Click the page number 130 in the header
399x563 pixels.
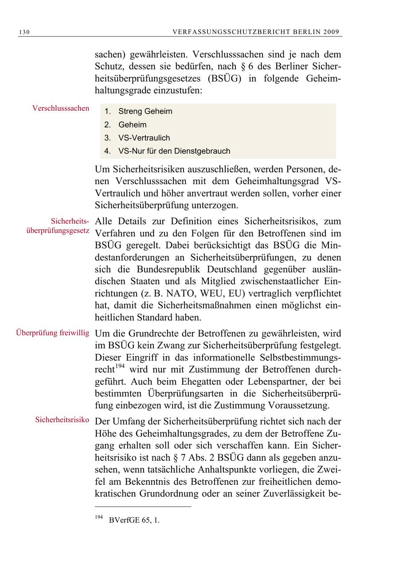[x=24, y=32]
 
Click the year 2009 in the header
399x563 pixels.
[x=331, y=32]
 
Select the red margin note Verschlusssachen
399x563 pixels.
[x=61, y=108]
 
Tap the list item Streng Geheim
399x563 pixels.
[x=145, y=112]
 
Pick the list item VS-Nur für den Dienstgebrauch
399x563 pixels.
[x=174, y=151]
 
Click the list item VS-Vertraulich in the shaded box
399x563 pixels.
[x=144, y=138]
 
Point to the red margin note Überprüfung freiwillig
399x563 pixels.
[x=53, y=332]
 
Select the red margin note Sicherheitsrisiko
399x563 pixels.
[x=62, y=419]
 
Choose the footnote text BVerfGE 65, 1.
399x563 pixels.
[x=134, y=521]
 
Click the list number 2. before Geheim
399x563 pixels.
[x=107, y=125]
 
